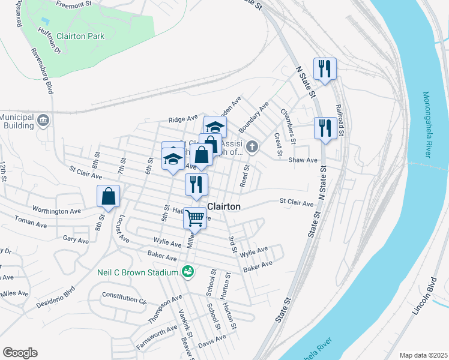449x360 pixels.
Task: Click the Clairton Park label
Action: (x=78, y=36)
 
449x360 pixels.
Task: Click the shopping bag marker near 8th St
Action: (x=108, y=196)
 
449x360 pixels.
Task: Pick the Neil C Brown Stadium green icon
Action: (x=188, y=272)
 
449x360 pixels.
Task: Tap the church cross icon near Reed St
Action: (x=253, y=146)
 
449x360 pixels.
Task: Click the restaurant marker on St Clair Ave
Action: (x=196, y=184)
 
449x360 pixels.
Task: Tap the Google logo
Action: (x=20, y=353)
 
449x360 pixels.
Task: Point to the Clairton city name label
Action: (x=223, y=206)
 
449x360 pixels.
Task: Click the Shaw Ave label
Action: (x=303, y=160)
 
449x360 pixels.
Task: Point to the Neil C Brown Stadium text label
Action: (x=137, y=272)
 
